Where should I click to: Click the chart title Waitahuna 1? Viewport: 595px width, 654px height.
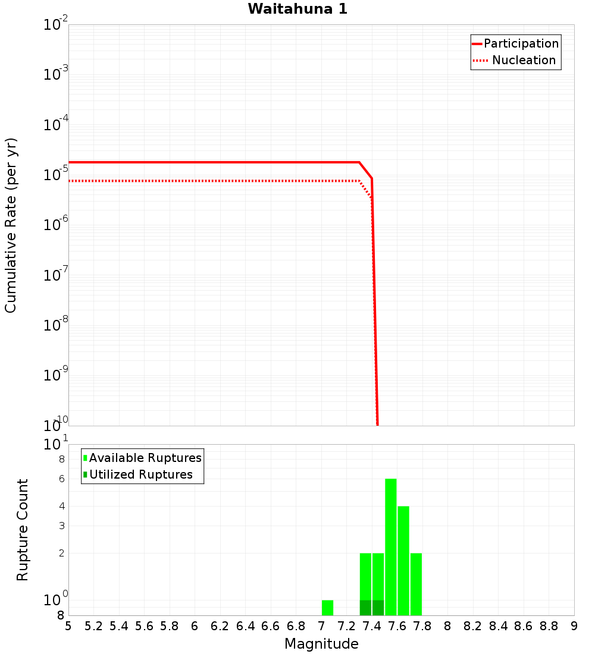297,9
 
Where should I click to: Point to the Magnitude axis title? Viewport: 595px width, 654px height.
321,644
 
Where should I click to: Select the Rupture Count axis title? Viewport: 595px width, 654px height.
23,530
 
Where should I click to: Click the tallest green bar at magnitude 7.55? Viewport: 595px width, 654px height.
390,547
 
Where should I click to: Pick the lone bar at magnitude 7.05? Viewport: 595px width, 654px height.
327,608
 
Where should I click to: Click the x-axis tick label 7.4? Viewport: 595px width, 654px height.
372,626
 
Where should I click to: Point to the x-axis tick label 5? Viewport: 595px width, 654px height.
68,626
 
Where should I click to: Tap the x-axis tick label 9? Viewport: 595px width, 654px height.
574,626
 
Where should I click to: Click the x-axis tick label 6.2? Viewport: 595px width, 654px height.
220,626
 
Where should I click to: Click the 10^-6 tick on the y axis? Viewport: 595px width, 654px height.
56,225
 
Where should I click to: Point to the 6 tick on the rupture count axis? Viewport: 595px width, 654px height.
61,479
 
